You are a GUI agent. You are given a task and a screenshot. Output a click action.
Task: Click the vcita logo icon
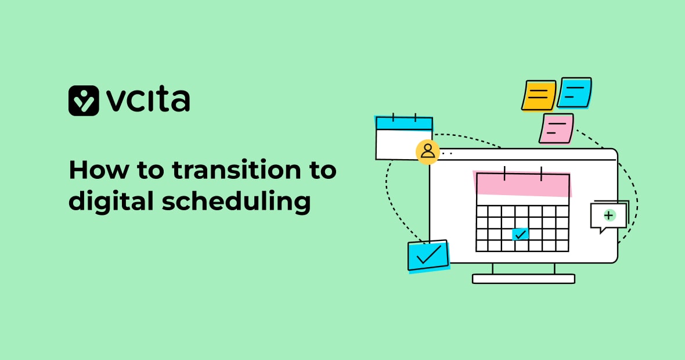[84, 100]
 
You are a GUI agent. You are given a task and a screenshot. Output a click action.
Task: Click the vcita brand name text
[147, 100]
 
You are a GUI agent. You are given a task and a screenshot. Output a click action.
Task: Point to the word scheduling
[236, 202]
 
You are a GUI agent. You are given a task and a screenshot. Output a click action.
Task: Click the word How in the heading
[99, 170]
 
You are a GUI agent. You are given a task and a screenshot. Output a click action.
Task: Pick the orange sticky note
[539, 95]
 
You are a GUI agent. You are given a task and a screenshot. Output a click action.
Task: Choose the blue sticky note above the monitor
[575, 93]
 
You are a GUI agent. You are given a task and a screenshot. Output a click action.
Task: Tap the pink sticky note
[556, 128]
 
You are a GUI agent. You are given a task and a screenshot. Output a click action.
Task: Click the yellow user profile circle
[428, 152]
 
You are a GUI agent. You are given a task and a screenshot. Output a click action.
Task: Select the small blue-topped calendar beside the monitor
[404, 138]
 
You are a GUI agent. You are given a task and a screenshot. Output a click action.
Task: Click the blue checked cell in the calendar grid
[520, 235]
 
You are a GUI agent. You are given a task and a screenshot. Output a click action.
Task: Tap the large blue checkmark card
[428, 255]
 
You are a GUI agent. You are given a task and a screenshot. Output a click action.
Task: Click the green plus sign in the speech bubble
[609, 215]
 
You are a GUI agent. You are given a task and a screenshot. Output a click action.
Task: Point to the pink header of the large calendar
[522, 184]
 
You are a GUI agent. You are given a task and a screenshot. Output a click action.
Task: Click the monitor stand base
[524, 279]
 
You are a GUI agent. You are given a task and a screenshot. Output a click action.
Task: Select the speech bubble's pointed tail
[603, 230]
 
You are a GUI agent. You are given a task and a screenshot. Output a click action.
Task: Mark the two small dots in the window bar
[447, 154]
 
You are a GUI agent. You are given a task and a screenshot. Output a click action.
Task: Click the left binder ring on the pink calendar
[504, 173]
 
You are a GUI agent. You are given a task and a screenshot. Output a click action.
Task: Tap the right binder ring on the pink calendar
[541, 174]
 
